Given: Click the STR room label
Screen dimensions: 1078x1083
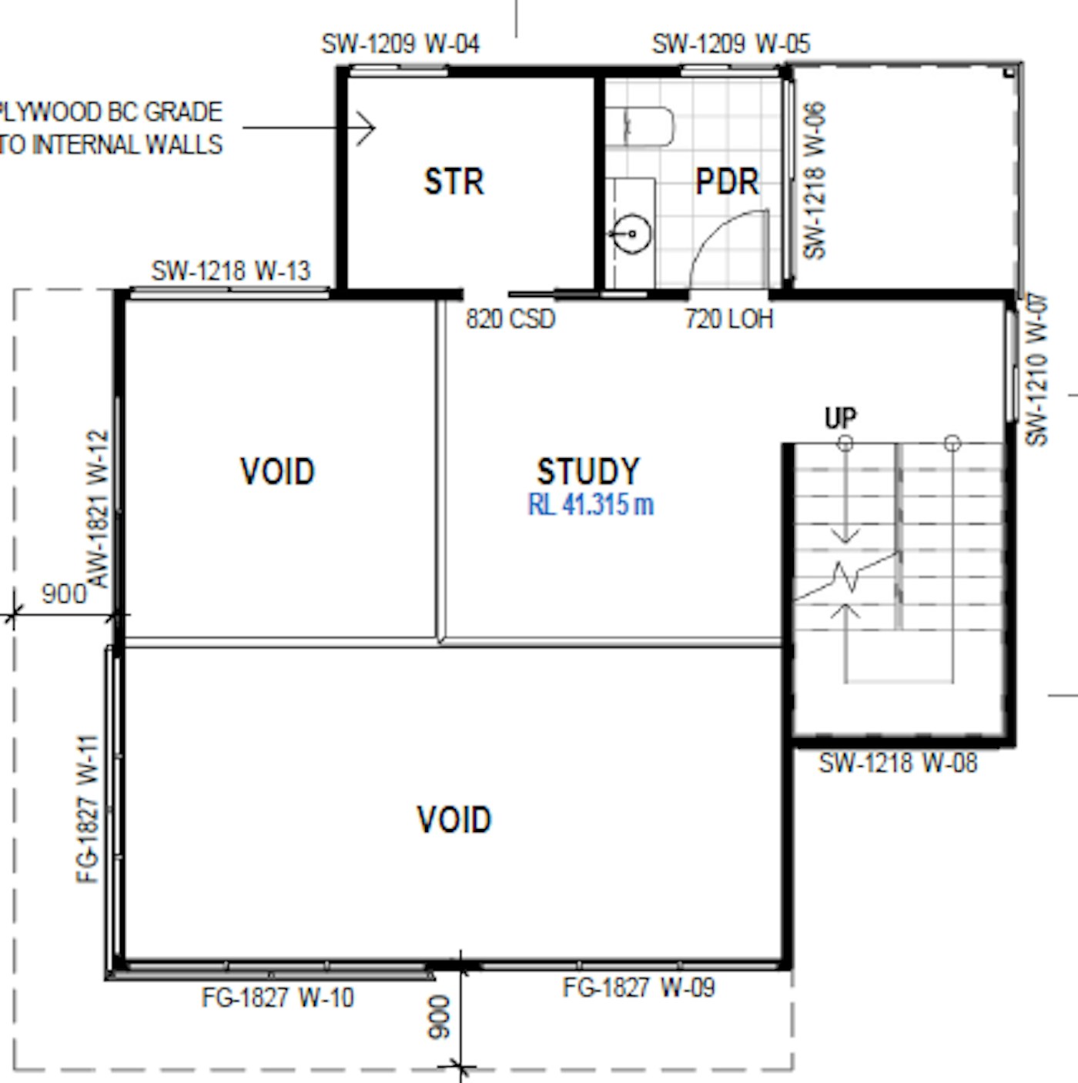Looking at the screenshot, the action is pyautogui.click(x=454, y=182).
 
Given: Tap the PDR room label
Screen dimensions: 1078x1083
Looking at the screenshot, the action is pyautogui.click(x=727, y=182).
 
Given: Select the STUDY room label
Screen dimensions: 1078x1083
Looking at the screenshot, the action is pyautogui.click(x=588, y=471).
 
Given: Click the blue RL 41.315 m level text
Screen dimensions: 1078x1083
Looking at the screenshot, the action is pyautogui.click(x=591, y=504).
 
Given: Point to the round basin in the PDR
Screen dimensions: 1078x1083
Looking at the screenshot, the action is pyautogui.click(x=632, y=233).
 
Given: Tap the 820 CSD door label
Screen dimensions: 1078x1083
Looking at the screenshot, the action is pyautogui.click(x=510, y=319).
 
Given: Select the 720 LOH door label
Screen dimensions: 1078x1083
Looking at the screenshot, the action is pyautogui.click(x=728, y=319).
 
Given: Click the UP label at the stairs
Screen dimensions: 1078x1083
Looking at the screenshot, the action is pyautogui.click(x=841, y=418).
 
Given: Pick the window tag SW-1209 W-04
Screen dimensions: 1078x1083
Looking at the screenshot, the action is pyautogui.click(x=400, y=44).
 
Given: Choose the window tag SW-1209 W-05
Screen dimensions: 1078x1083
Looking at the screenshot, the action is pyautogui.click(x=731, y=44).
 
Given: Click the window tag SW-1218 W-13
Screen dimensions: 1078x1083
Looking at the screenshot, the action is pyautogui.click(x=231, y=271).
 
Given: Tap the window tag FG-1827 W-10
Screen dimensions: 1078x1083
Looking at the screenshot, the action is pyautogui.click(x=278, y=998).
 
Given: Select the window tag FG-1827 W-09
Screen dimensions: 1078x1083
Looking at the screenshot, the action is pyautogui.click(x=639, y=988).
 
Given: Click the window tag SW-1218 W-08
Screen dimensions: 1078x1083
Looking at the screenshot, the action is pyautogui.click(x=898, y=764).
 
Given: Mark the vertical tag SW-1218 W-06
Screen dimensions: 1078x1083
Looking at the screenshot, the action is pyautogui.click(x=815, y=180).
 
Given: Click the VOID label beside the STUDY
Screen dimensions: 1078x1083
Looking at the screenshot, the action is pyautogui.click(x=277, y=471).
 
